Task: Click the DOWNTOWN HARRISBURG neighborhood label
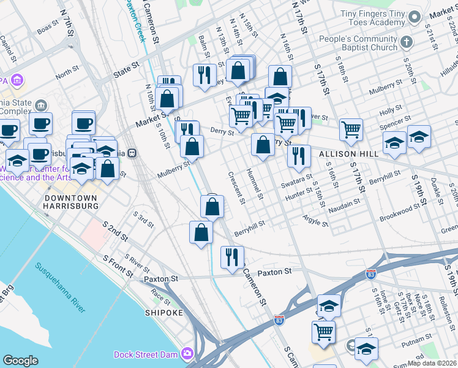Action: coord(71,202)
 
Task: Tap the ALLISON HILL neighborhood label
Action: coord(340,153)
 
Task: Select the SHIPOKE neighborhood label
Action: coord(163,313)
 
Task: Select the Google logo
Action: coord(20,361)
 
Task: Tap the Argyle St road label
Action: coord(316,220)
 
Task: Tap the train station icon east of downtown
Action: coord(132,153)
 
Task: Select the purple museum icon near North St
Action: coord(17,80)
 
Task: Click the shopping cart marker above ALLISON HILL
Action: coord(351,129)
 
